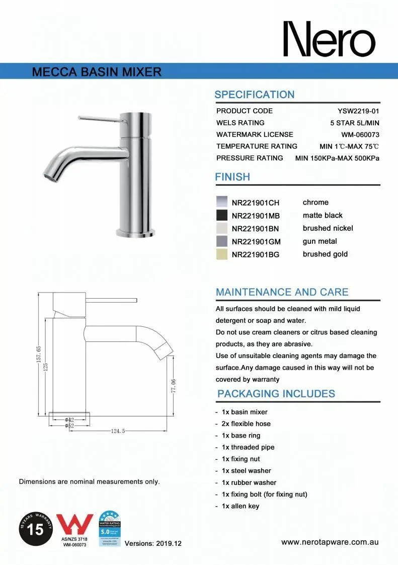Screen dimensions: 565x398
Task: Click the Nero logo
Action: [329, 39]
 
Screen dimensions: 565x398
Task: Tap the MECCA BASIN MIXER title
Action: [97, 72]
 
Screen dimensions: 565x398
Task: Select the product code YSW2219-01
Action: [358, 111]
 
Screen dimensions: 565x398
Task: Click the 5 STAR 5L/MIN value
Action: [354, 123]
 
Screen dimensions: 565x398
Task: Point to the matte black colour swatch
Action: [222, 216]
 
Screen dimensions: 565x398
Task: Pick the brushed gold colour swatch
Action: [222, 254]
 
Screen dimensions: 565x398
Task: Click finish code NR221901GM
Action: [256, 242]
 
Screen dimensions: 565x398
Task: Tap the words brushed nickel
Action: [328, 228]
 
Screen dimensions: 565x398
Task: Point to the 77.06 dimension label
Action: [173, 386]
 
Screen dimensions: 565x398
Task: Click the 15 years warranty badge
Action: [36, 529]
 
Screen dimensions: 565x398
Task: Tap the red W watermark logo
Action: [75, 525]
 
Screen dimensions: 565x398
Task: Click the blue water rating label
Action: [109, 529]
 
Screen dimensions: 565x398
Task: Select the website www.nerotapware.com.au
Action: [330, 542]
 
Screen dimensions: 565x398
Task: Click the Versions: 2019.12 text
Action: [152, 543]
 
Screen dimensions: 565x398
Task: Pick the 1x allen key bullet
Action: [240, 506]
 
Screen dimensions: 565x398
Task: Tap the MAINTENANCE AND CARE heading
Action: [282, 292]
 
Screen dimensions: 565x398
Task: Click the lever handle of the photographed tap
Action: [98, 118]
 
